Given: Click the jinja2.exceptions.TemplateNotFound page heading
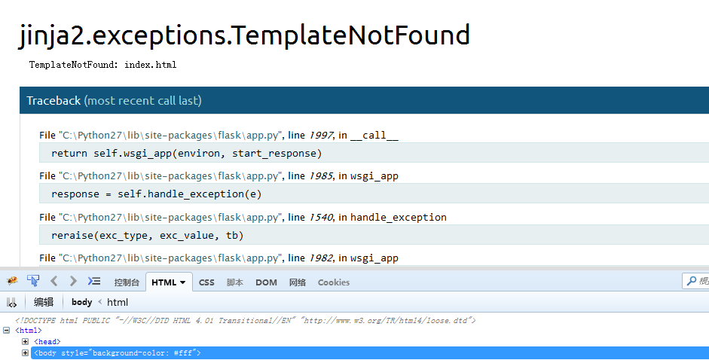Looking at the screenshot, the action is (x=244, y=35).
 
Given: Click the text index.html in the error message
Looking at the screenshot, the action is (x=150, y=65).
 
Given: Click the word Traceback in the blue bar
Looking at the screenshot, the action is (x=53, y=100).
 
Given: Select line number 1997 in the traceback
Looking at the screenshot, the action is (x=321, y=136).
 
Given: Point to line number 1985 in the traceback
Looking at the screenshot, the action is (x=321, y=176).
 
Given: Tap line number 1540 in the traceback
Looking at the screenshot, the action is (x=321, y=218).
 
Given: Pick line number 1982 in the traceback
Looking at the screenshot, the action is (x=321, y=258).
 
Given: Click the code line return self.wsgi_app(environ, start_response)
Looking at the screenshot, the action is (x=186, y=154).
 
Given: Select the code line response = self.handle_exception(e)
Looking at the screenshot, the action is (x=156, y=194).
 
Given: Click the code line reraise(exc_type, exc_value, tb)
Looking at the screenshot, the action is (x=148, y=236).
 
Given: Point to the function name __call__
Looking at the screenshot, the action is (x=374, y=136).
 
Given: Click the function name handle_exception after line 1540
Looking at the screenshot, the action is (x=399, y=218).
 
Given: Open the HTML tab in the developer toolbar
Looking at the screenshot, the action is (x=169, y=282).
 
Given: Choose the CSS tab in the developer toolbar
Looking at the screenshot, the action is (x=206, y=282).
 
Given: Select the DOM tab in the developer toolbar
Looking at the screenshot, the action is (x=266, y=282).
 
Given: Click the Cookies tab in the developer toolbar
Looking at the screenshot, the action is (x=334, y=282).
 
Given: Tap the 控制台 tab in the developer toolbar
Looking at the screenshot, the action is (x=127, y=282).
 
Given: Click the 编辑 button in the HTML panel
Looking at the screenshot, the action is (x=44, y=302).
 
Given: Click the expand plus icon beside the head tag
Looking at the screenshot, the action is (x=26, y=341).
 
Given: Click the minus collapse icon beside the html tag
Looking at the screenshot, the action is (x=6, y=330).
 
